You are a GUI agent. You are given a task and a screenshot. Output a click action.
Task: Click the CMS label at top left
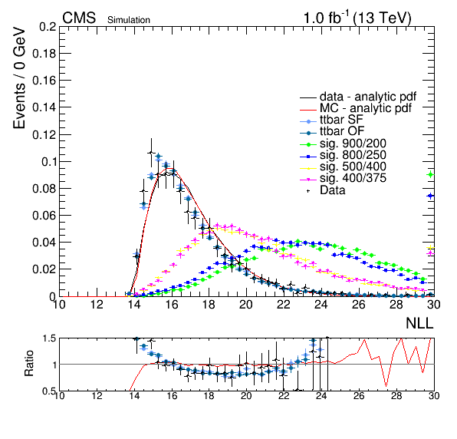[x=79, y=18]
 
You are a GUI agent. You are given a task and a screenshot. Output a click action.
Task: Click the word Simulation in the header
[x=129, y=20]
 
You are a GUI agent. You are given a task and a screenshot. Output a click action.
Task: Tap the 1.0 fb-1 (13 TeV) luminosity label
[x=357, y=18]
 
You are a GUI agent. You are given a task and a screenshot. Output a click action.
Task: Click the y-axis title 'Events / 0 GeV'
[x=19, y=78]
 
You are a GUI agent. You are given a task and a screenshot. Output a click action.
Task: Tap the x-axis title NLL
[x=419, y=323]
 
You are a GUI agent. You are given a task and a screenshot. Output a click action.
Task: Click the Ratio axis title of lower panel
[x=29, y=363]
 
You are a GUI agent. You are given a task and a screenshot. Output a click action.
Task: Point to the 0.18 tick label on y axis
[x=44, y=54]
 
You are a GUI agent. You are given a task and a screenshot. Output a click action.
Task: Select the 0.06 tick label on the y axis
[x=44, y=215]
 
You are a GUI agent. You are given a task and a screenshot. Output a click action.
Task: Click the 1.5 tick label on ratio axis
[x=49, y=338]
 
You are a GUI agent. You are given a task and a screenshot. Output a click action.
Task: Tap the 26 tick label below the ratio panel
[x=359, y=395]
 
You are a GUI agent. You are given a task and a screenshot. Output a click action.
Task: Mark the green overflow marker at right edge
[x=431, y=175]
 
